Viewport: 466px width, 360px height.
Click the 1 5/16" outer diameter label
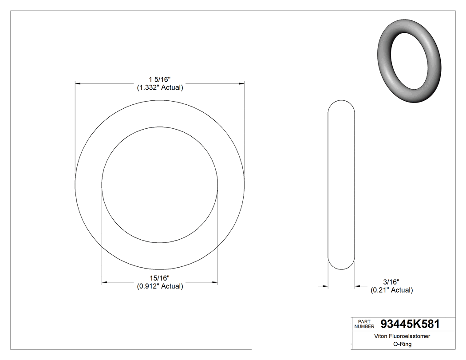(x=160, y=79)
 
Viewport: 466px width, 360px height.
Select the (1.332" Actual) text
(x=160, y=87)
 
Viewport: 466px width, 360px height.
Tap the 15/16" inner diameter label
(x=160, y=278)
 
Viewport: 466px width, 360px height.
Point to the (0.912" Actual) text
(x=160, y=286)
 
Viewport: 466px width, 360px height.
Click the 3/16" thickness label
(x=391, y=282)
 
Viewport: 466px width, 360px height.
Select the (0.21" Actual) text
(x=391, y=290)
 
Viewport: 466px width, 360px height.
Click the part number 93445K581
(x=410, y=324)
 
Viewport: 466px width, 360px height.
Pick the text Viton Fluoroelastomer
(x=403, y=336)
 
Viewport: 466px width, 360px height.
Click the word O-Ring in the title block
(x=403, y=344)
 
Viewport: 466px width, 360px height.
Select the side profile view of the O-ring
(x=341, y=184)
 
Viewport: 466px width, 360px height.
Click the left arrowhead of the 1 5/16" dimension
(x=78, y=83)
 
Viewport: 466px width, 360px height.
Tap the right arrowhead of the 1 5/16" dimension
(x=242, y=83)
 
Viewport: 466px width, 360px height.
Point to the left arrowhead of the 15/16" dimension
(x=104, y=282)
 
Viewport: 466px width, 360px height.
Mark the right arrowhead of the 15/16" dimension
(x=215, y=282)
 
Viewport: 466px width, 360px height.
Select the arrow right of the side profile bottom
(x=357, y=286)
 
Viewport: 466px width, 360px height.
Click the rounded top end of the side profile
(x=341, y=103)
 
